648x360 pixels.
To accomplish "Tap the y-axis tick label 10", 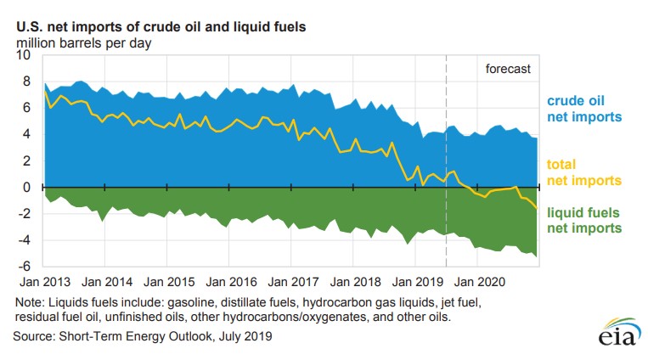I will click(22, 55).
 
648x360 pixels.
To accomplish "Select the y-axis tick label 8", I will click(25, 82).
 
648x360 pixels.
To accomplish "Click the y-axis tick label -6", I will click(23, 267).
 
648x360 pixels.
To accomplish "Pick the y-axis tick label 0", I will click(25, 188).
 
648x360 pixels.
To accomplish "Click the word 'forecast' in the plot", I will click(507, 69).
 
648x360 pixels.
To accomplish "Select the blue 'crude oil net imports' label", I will click(585, 109).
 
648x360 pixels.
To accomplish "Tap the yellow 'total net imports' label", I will click(585, 172).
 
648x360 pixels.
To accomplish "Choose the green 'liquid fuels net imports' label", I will click(585, 221).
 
